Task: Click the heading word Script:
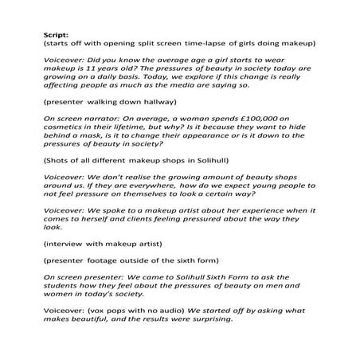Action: coord(57,35)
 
